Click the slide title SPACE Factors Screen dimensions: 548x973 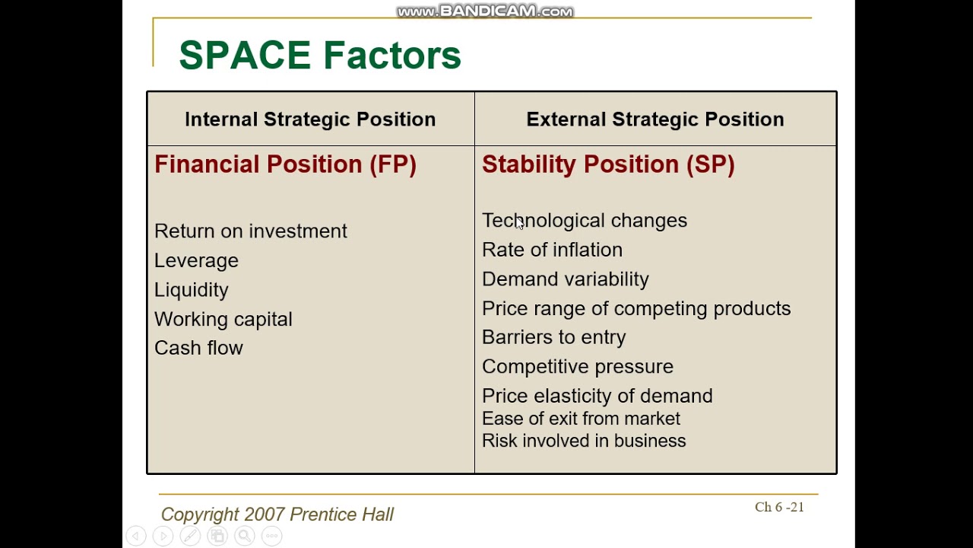tap(319, 56)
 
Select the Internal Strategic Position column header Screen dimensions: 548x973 tap(310, 119)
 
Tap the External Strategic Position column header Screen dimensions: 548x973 tap(654, 119)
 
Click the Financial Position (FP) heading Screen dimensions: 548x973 tap(285, 164)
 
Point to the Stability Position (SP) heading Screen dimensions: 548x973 tap(608, 164)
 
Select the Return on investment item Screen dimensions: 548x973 tap(250, 231)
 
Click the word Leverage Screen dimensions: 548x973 tap(196, 261)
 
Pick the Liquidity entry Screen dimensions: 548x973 tap(191, 290)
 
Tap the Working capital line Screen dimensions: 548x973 tap(223, 320)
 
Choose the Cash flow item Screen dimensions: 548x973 tap(198, 348)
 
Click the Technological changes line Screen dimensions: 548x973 tap(584, 221)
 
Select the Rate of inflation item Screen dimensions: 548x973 tap(552, 250)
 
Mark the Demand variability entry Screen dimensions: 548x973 tap(565, 279)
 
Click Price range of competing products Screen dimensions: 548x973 tap(635, 308)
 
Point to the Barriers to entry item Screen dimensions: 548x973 tap(553, 337)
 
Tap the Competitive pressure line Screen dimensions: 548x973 tap(577, 367)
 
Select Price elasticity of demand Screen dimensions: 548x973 tap(597, 396)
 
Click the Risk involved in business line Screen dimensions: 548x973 tap(583, 441)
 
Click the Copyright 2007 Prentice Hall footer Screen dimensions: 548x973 tap(277, 515)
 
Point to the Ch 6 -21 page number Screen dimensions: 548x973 tap(778, 507)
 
